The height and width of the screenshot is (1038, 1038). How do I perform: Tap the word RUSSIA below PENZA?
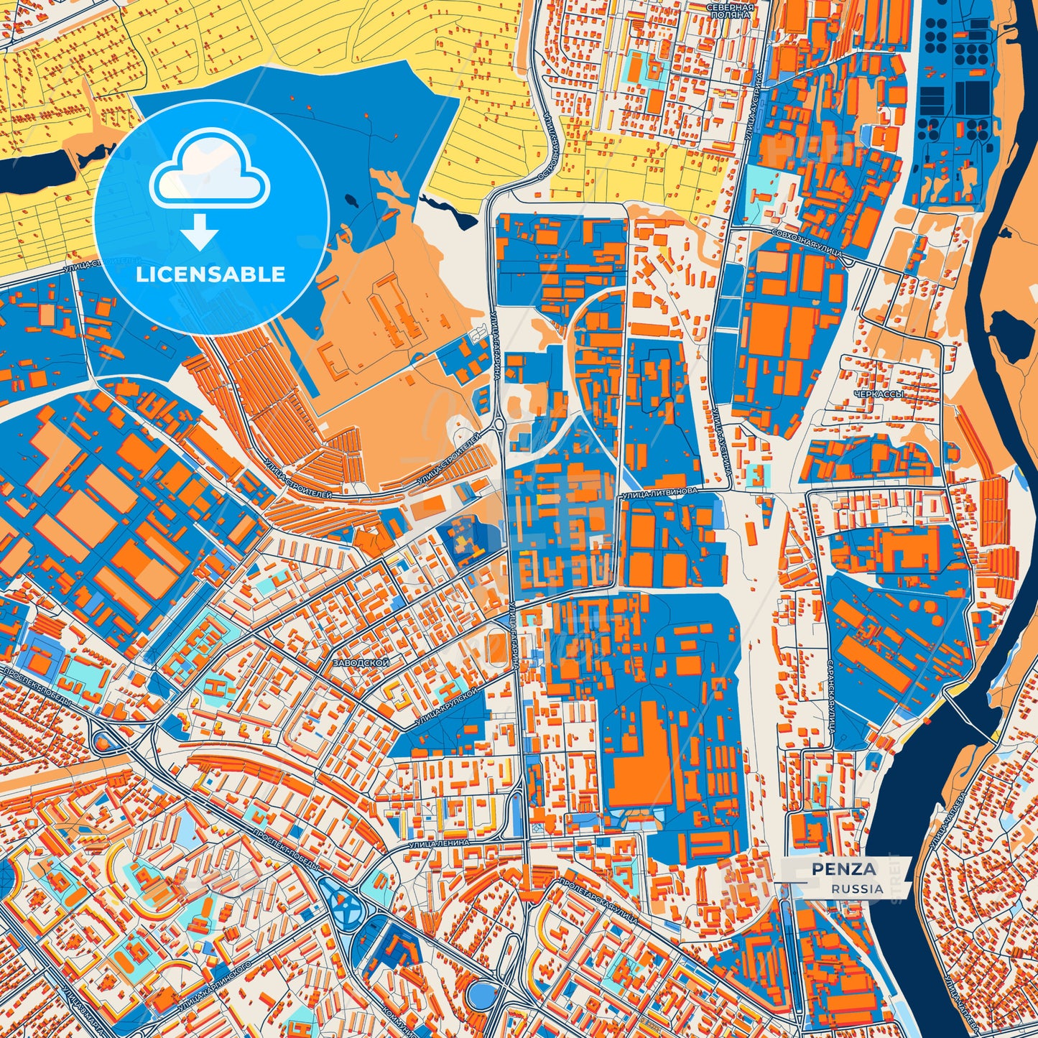[858, 889]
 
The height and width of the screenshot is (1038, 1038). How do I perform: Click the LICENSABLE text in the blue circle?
[210, 274]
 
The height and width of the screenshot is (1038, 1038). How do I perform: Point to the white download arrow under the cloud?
[200, 231]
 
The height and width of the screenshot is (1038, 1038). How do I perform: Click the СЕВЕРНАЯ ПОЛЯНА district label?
[730, 10]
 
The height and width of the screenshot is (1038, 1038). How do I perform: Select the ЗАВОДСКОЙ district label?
[360, 663]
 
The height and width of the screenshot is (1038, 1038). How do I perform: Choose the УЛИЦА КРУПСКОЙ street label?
[447, 707]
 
